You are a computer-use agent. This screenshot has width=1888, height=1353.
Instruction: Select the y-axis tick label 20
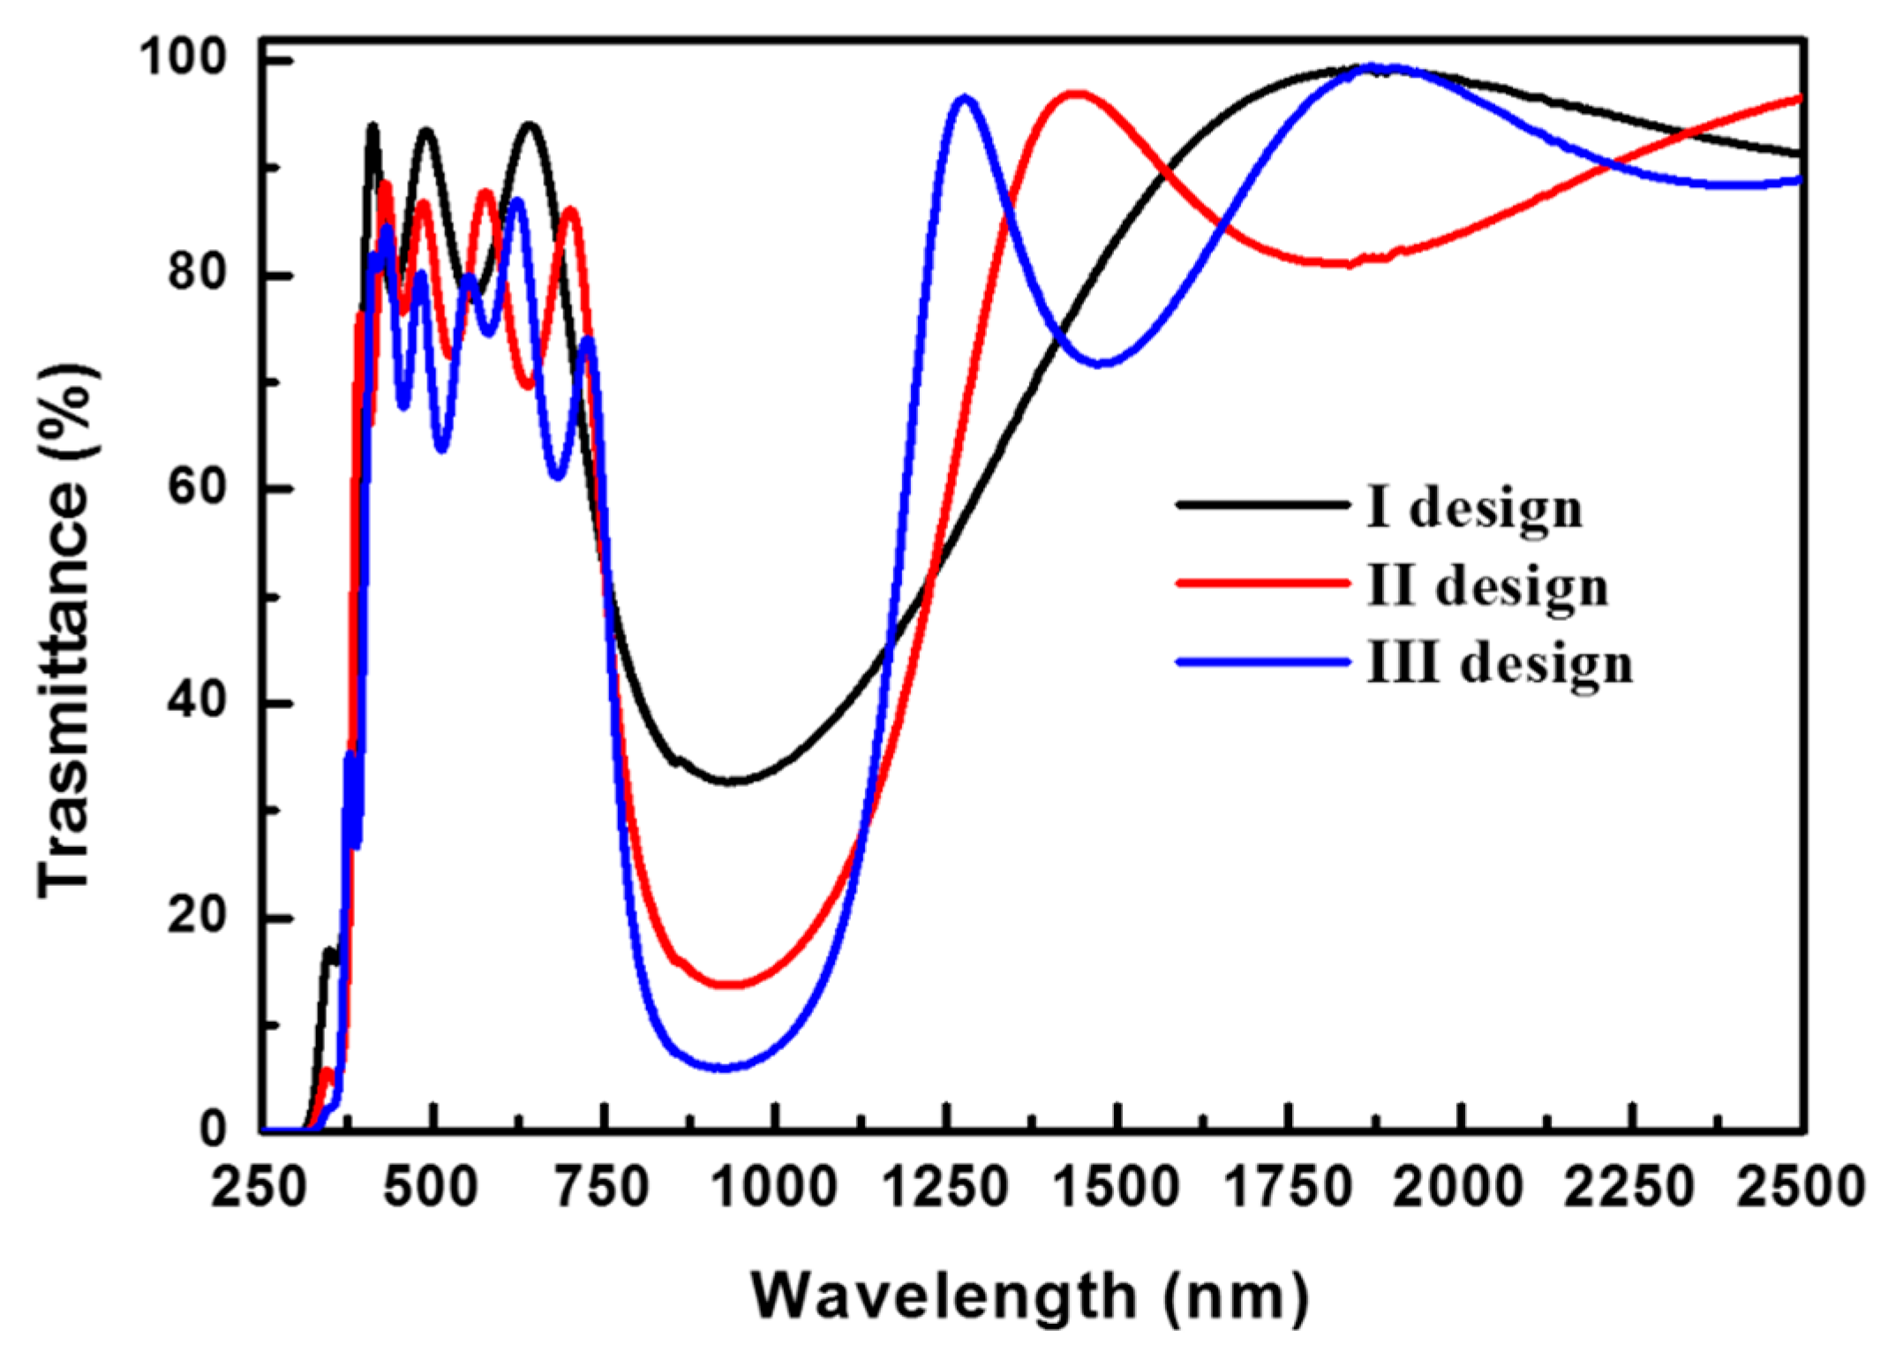pos(197,916)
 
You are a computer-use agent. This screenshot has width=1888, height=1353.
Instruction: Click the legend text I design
pos(1474,510)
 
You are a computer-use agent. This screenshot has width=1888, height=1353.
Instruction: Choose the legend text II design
pos(1487,587)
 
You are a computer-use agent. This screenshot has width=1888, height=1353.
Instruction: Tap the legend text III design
pos(1500,664)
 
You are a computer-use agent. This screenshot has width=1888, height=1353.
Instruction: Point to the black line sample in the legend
pos(1263,505)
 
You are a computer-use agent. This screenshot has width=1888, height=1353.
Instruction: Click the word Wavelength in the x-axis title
pos(944,1296)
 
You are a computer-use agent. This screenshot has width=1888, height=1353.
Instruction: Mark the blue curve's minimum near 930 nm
pos(724,1068)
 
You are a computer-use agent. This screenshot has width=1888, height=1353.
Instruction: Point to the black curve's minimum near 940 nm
pos(733,781)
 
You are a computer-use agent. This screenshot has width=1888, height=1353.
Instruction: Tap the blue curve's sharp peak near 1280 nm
pos(965,99)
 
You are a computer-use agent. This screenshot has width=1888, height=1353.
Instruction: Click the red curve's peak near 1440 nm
pos(1075,94)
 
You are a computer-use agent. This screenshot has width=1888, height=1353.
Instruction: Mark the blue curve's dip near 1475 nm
pos(1101,363)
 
